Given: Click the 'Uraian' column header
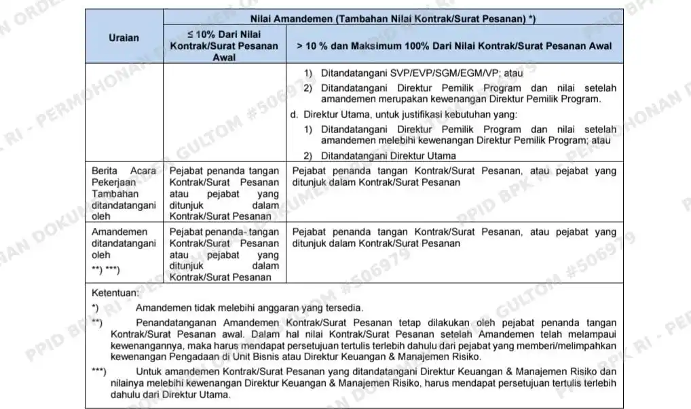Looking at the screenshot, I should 124,38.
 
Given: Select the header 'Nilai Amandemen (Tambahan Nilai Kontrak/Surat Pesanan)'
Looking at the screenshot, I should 393,20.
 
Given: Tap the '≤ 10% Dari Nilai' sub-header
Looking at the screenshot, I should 224,35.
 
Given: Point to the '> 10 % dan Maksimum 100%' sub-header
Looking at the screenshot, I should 454,46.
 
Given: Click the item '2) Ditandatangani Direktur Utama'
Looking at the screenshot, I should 379,156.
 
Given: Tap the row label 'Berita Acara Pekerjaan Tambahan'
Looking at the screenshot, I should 124,182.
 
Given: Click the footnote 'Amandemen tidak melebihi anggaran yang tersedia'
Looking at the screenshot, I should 249,308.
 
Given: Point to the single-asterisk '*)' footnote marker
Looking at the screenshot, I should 95,308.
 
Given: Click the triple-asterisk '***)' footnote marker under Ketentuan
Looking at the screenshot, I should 99,372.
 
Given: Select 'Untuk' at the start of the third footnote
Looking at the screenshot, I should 149,372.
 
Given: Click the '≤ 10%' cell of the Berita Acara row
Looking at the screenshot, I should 224,193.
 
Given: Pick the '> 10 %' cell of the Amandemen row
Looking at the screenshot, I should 454,237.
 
